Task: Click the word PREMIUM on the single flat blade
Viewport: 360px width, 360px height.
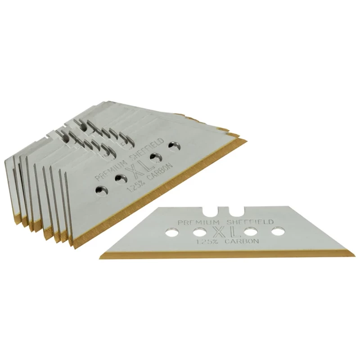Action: (x=199, y=222)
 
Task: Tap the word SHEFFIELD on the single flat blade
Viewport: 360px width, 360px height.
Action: (x=250, y=222)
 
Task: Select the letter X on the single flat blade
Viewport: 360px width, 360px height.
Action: (x=220, y=232)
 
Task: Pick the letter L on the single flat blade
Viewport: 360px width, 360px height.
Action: (x=234, y=232)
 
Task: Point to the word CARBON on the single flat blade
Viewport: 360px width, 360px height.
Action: (x=242, y=241)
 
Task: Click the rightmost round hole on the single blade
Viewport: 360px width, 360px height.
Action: (x=278, y=231)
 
